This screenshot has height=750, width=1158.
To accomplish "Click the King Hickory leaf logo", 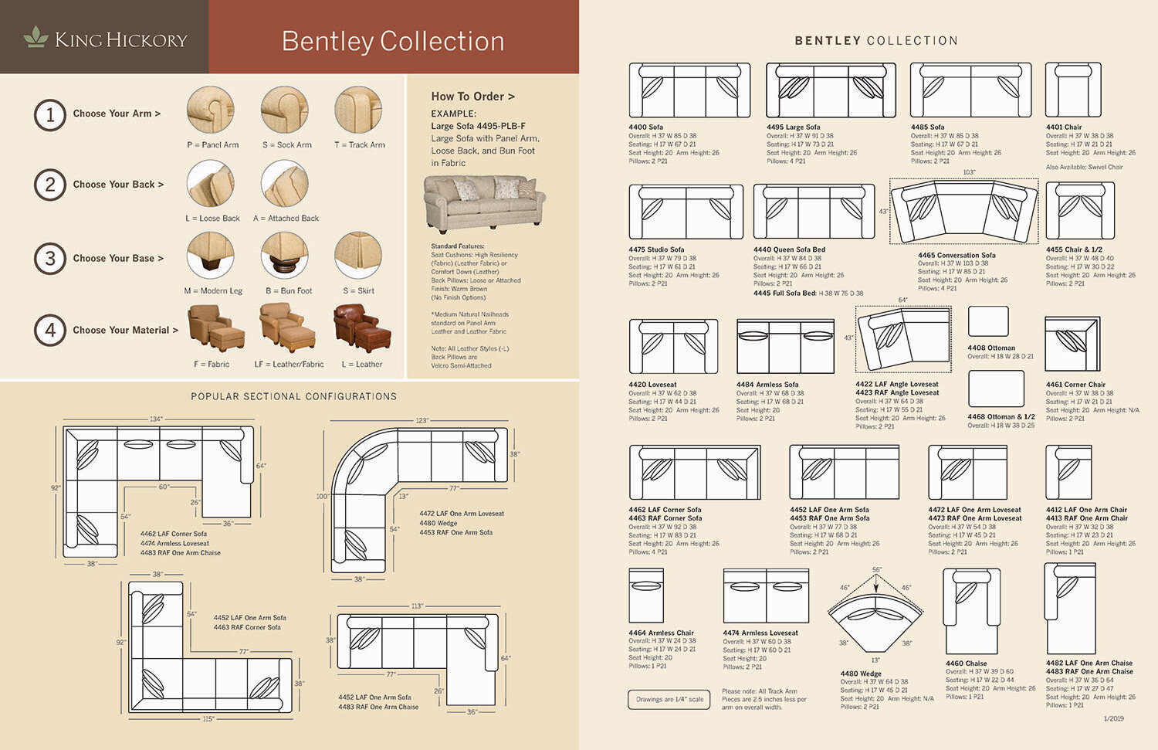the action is (36, 37).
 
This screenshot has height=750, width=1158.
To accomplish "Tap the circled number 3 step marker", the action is (50, 258).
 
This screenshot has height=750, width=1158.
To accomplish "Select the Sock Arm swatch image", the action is (285, 110).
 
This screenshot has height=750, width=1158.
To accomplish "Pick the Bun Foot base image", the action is (285, 256).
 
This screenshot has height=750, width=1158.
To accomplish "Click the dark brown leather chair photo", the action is (362, 327).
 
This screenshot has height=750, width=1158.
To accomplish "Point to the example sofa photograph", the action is (484, 202).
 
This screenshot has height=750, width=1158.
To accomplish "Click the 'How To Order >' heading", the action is (472, 97).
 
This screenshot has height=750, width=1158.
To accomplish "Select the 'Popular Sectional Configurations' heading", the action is (293, 396).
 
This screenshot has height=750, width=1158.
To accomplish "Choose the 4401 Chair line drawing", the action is (1073, 90).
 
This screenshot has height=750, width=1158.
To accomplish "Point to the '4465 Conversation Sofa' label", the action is (957, 255).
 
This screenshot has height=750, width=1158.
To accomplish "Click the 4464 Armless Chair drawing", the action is (646, 596).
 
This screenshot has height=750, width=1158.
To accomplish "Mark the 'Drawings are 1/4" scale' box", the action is (670, 699).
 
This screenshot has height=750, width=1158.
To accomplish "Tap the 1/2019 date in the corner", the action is (1113, 718).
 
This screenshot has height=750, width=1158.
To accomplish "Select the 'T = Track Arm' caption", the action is (359, 144).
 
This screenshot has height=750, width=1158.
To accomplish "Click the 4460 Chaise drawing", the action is (971, 611).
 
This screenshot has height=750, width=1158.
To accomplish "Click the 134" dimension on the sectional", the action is (156, 419).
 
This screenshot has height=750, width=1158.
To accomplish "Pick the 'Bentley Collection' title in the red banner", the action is (393, 41).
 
